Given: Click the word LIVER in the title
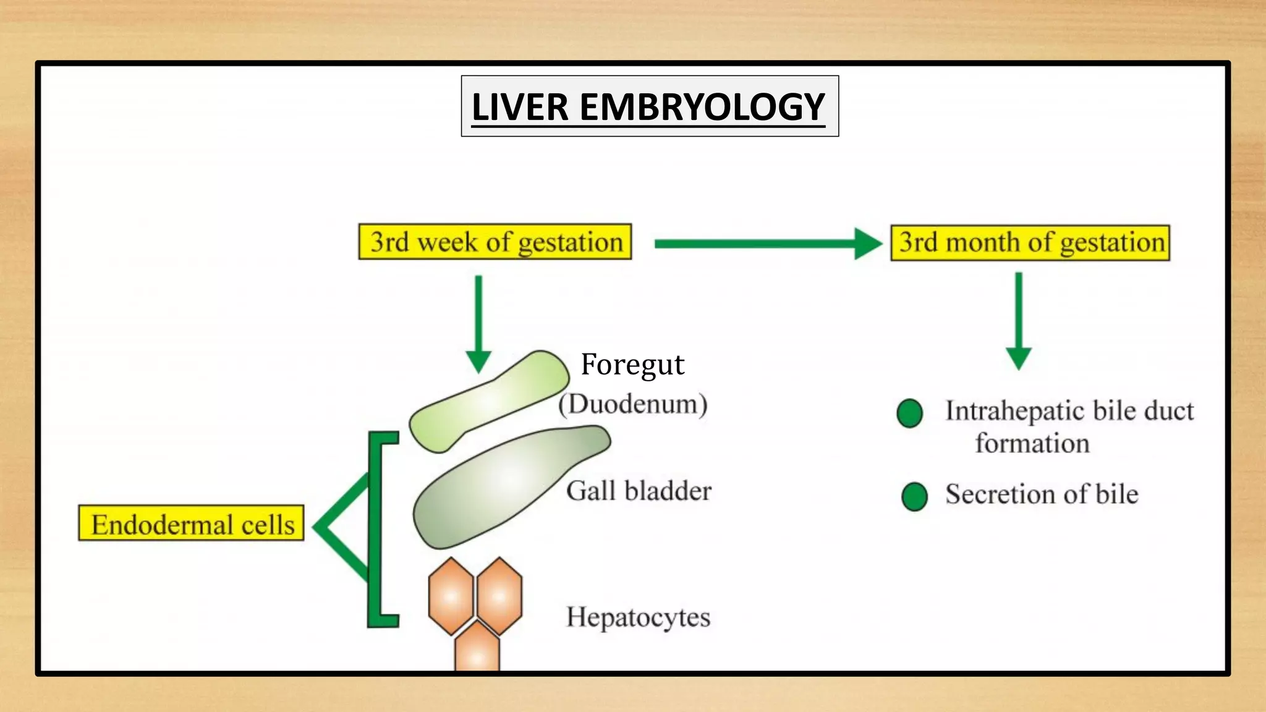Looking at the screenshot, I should point(519,107).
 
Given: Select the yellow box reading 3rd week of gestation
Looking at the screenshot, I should point(495,242).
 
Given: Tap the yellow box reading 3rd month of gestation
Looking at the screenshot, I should point(1030,242).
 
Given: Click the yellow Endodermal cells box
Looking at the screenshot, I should point(191,523).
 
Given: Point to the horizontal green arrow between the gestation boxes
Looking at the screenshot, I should point(767,244).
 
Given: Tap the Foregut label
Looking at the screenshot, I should point(632,364).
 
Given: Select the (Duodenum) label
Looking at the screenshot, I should point(633,404).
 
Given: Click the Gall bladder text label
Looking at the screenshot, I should point(639,491).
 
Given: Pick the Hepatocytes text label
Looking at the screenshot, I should point(638,617).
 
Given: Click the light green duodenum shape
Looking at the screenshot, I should point(488,402).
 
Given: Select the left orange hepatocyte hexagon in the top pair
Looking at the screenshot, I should point(451,596).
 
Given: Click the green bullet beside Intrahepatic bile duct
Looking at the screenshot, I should point(909,413).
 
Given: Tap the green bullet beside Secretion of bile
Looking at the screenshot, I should point(914,496).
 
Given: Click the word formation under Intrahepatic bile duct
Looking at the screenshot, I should point(1032,443).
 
